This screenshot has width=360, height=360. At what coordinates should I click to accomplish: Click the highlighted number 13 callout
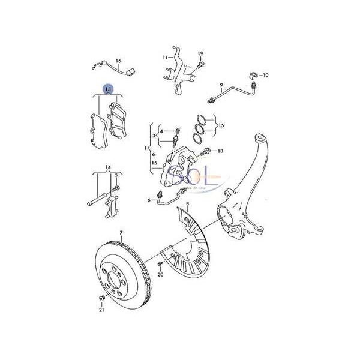(108, 89)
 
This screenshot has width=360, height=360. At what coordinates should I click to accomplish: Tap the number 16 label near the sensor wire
(118, 61)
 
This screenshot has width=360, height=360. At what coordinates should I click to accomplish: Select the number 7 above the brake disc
(120, 232)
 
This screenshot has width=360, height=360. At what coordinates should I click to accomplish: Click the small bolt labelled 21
(101, 298)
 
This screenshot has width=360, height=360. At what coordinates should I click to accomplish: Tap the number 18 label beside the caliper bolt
(220, 151)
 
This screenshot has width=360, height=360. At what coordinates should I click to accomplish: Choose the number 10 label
(266, 75)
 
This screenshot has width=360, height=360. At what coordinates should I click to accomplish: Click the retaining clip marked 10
(252, 76)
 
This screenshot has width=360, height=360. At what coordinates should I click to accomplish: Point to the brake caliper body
(176, 168)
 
